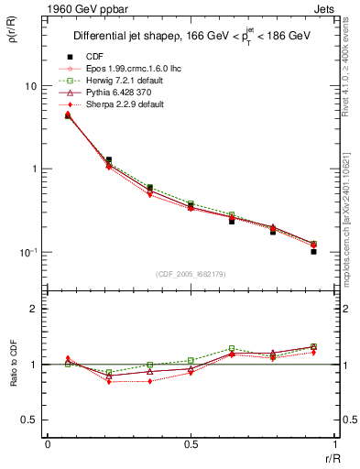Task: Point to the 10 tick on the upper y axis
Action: [x=30, y=86]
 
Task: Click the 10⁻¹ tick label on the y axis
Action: [x=27, y=253]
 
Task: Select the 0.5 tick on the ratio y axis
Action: [x=30, y=420]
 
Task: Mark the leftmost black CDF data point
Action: [x=68, y=115]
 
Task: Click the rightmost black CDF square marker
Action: [x=313, y=251]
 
